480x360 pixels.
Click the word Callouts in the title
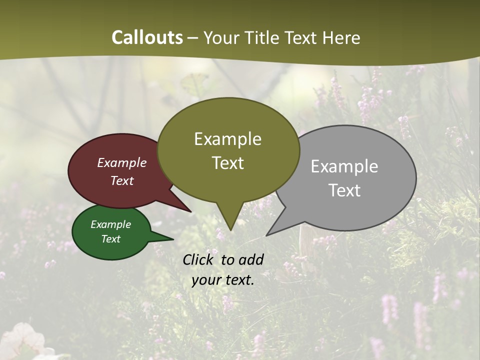coord(147,38)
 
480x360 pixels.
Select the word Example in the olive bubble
coord(227,139)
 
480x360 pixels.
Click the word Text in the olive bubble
coord(227,163)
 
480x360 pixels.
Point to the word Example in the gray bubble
coord(344,166)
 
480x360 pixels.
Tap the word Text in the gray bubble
coord(344,190)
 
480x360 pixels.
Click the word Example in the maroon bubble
coord(122,163)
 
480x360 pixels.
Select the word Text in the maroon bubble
coord(122,181)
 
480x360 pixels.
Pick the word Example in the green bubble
coord(110,224)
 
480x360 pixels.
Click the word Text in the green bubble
coord(110,239)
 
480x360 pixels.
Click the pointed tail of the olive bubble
coord(230,227)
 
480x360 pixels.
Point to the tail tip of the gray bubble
coord(268,234)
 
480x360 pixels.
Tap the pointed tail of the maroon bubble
coord(189,210)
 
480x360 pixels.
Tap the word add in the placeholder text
coord(251,259)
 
